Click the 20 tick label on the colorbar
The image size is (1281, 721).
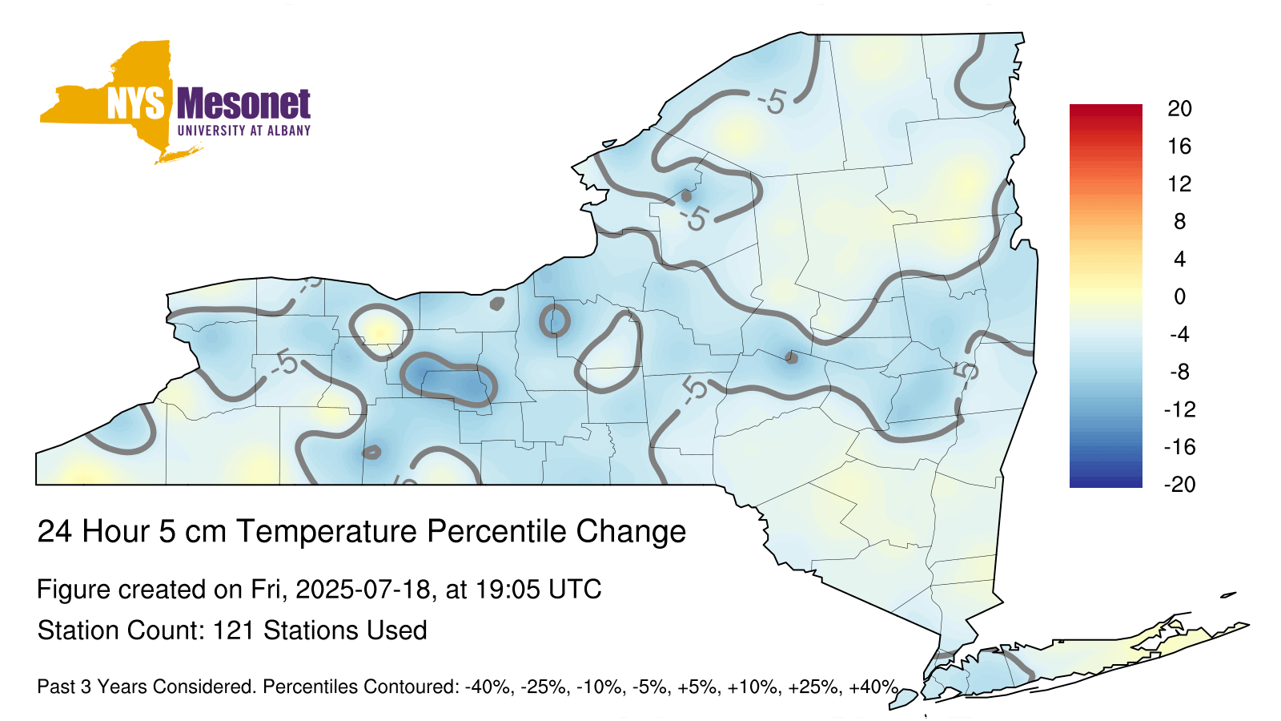click(x=1179, y=108)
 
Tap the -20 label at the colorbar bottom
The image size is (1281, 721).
click(x=1179, y=485)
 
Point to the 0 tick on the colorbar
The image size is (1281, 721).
click(x=1179, y=296)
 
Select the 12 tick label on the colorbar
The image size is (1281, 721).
click(x=1179, y=183)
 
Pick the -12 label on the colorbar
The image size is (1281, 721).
click(x=1179, y=409)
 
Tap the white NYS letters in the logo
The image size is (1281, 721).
click(x=136, y=104)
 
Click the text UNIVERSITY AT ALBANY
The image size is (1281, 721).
click(x=244, y=131)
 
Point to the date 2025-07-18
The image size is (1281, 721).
click(x=363, y=590)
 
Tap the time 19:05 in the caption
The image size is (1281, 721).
click(x=508, y=590)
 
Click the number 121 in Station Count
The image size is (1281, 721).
click(x=233, y=630)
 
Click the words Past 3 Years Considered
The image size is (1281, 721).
click(x=147, y=687)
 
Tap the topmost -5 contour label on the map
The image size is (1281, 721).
click(x=772, y=103)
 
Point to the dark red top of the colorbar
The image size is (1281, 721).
click(x=1106, y=111)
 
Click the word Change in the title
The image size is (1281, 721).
click(x=631, y=532)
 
